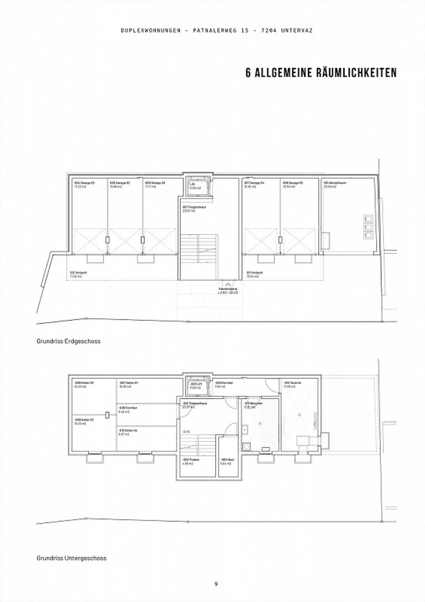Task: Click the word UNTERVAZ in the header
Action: (297, 30)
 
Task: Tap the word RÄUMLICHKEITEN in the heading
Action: (357, 73)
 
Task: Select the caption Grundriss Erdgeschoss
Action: (68, 341)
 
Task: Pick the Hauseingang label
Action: (228, 289)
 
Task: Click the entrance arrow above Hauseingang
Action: (228, 284)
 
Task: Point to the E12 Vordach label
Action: (78, 273)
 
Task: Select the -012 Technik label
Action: (292, 383)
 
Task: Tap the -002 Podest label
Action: (191, 460)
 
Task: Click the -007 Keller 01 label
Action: (128, 383)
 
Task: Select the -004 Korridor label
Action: (223, 383)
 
